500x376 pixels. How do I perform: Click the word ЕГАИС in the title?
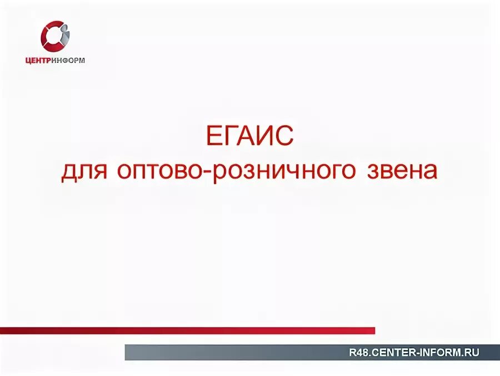(x=249, y=136)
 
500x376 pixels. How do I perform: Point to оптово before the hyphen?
(x=160, y=171)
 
